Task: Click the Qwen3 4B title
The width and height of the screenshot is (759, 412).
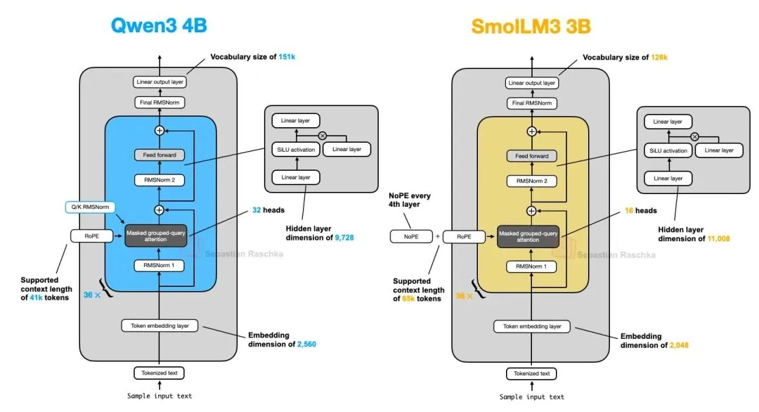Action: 159,25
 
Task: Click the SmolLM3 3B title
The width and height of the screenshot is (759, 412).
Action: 531,26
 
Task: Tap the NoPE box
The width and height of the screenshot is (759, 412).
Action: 411,237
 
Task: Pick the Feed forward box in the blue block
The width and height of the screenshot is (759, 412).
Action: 159,155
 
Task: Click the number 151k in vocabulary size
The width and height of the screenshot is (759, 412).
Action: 286,57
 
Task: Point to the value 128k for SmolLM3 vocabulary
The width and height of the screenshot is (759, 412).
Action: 659,57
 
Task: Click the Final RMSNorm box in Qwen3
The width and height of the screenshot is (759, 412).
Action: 159,103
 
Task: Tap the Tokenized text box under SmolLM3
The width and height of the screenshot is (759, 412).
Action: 531,373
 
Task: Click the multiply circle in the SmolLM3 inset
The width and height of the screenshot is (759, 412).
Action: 694,136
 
